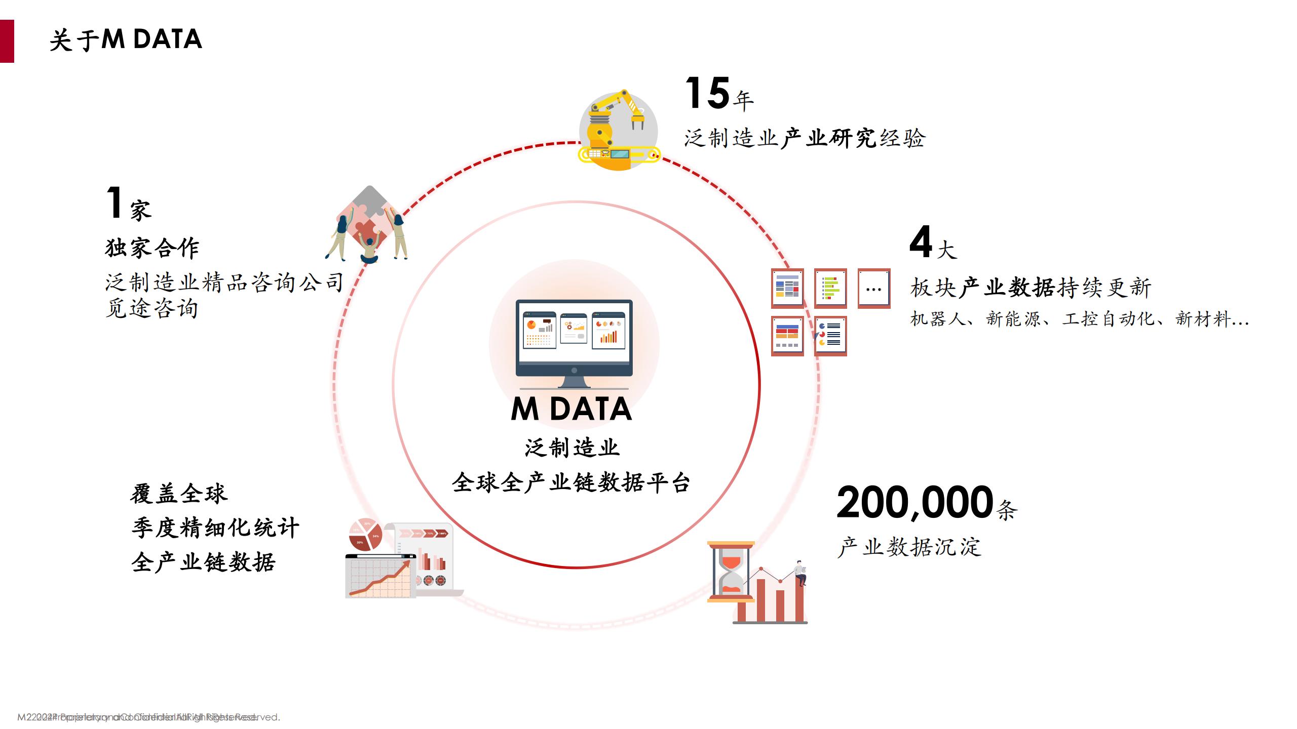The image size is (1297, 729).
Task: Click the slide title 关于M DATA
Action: (x=126, y=40)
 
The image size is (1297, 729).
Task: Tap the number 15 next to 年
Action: (x=707, y=94)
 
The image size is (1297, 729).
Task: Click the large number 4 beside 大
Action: (x=921, y=242)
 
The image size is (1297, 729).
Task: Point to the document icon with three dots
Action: (x=873, y=289)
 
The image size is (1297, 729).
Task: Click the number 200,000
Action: (x=914, y=503)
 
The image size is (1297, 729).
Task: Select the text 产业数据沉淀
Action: (x=909, y=547)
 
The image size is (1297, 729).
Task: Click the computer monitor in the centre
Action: (x=574, y=343)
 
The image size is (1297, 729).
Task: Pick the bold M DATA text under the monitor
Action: (x=571, y=409)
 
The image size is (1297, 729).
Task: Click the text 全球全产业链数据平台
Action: (x=571, y=482)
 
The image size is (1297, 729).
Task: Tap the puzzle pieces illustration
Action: (x=368, y=223)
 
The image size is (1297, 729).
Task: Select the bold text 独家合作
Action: (x=152, y=248)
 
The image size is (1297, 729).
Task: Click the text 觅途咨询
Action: (x=151, y=308)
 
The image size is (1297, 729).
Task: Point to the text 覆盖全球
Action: (x=178, y=494)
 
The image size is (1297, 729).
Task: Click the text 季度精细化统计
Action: (x=215, y=528)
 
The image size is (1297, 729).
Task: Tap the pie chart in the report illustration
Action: (x=365, y=535)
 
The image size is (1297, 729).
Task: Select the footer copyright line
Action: (x=148, y=717)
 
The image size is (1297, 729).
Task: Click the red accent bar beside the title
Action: (x=7, y=41)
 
